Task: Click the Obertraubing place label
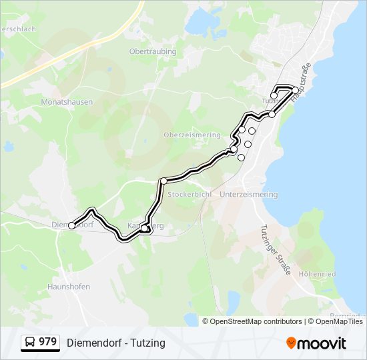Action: coord(152,51)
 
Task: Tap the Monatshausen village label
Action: coord(67,102)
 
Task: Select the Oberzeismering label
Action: coord(192,135)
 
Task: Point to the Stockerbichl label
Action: coord(190,194)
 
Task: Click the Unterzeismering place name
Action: coord(248,194)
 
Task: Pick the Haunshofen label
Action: coord(68,287)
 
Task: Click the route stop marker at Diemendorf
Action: coord(72,225)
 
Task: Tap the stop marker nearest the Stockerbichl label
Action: coord(163,181)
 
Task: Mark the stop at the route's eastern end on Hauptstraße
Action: coord(296,91)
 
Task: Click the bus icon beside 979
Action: coord(30,343)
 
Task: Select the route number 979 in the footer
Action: coord(48,343)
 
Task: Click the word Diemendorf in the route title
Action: coord(94,343)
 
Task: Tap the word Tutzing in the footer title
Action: coord(148,343)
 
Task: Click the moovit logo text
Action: coord(322,343)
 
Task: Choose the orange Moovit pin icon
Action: coord(291,343)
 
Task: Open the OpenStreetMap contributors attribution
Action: coord(256,321)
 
